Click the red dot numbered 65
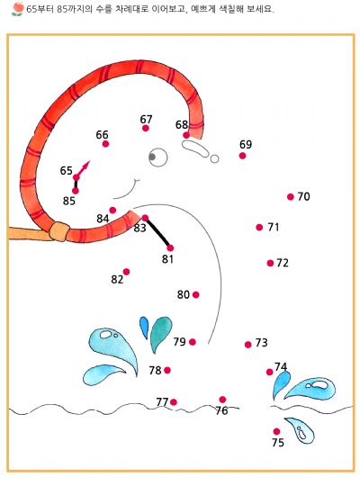(x=76, y=177)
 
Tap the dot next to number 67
(x=146, y=128)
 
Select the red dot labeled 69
(x=242, y=156)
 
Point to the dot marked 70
(x=291, y=197)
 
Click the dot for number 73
(x=248, y=345)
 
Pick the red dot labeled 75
(x=276, y=431)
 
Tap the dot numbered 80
(x=196, y=295)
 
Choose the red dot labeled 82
(x=126, y=272)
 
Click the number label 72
(x=283, y=263)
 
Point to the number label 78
(x=155, y=371)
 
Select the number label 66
(x=102, y=135)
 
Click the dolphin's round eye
(x=157, y=157)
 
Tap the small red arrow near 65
(x=83, y=169)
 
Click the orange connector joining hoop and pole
(x=59, y=232)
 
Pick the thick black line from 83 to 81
(x=157, y=233)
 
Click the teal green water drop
(x=161, y=335)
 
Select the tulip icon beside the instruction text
(x=18, y=9)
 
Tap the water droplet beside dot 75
(x=300, y=430)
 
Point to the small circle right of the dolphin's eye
(x=214, y=158)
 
